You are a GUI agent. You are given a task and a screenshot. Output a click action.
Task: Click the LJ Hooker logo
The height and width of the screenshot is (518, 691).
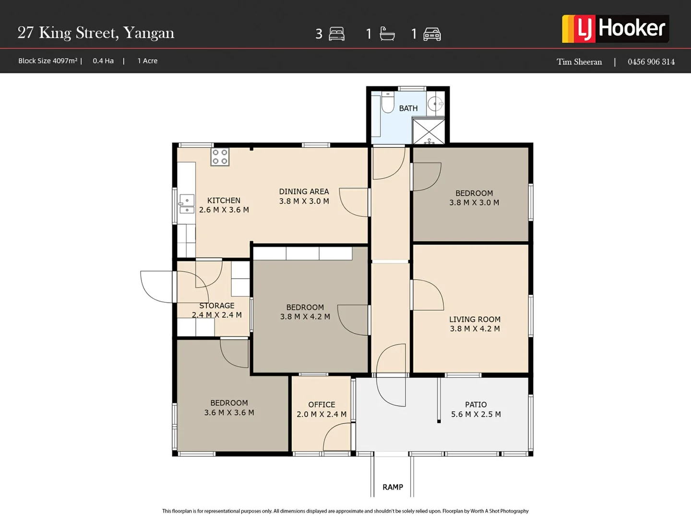tap(615, 29)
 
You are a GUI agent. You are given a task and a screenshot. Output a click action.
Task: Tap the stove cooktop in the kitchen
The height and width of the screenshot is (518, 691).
tap(220, 157)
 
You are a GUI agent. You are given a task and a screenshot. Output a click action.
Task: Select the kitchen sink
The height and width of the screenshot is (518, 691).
tap(187, 203)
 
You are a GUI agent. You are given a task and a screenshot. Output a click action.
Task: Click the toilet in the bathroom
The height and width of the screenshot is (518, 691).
tap(388, 103)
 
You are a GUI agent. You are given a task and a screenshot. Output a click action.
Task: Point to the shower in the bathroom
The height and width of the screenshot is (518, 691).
tap(429, 131)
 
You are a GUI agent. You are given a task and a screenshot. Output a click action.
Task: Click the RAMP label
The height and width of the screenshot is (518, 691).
tap(393, 487)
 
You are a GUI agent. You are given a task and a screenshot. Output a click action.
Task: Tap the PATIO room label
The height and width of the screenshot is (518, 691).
tap(476, 404)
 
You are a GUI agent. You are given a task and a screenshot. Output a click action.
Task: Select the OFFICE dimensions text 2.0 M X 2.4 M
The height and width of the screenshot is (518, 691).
tap(322, 414)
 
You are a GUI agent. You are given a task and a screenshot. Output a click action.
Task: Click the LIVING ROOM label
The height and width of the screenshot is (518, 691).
tap(475, 319)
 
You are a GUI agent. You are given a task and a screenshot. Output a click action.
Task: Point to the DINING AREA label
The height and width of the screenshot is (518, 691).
tap(304, 191)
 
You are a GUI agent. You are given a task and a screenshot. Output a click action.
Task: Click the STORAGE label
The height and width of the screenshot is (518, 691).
tap(217, 306)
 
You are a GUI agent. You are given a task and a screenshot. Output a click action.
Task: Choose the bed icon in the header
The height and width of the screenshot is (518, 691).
tap(337, 34)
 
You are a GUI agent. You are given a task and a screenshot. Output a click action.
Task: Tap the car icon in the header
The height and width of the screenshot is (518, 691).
tap(432, 34)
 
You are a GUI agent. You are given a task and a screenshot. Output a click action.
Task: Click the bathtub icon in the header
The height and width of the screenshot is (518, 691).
tap(387, 34)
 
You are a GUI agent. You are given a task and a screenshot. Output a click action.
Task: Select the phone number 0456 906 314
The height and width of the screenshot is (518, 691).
tap(651, 61)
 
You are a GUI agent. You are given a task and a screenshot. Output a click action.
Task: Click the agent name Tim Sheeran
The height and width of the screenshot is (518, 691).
tap(579, 61)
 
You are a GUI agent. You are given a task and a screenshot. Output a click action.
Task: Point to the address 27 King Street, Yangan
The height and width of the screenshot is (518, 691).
tap(96, 33)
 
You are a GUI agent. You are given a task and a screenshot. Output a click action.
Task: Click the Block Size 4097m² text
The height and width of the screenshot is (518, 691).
tap(48, 61)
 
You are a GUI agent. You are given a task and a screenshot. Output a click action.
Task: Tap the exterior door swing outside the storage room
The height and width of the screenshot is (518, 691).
tap(155, 287)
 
